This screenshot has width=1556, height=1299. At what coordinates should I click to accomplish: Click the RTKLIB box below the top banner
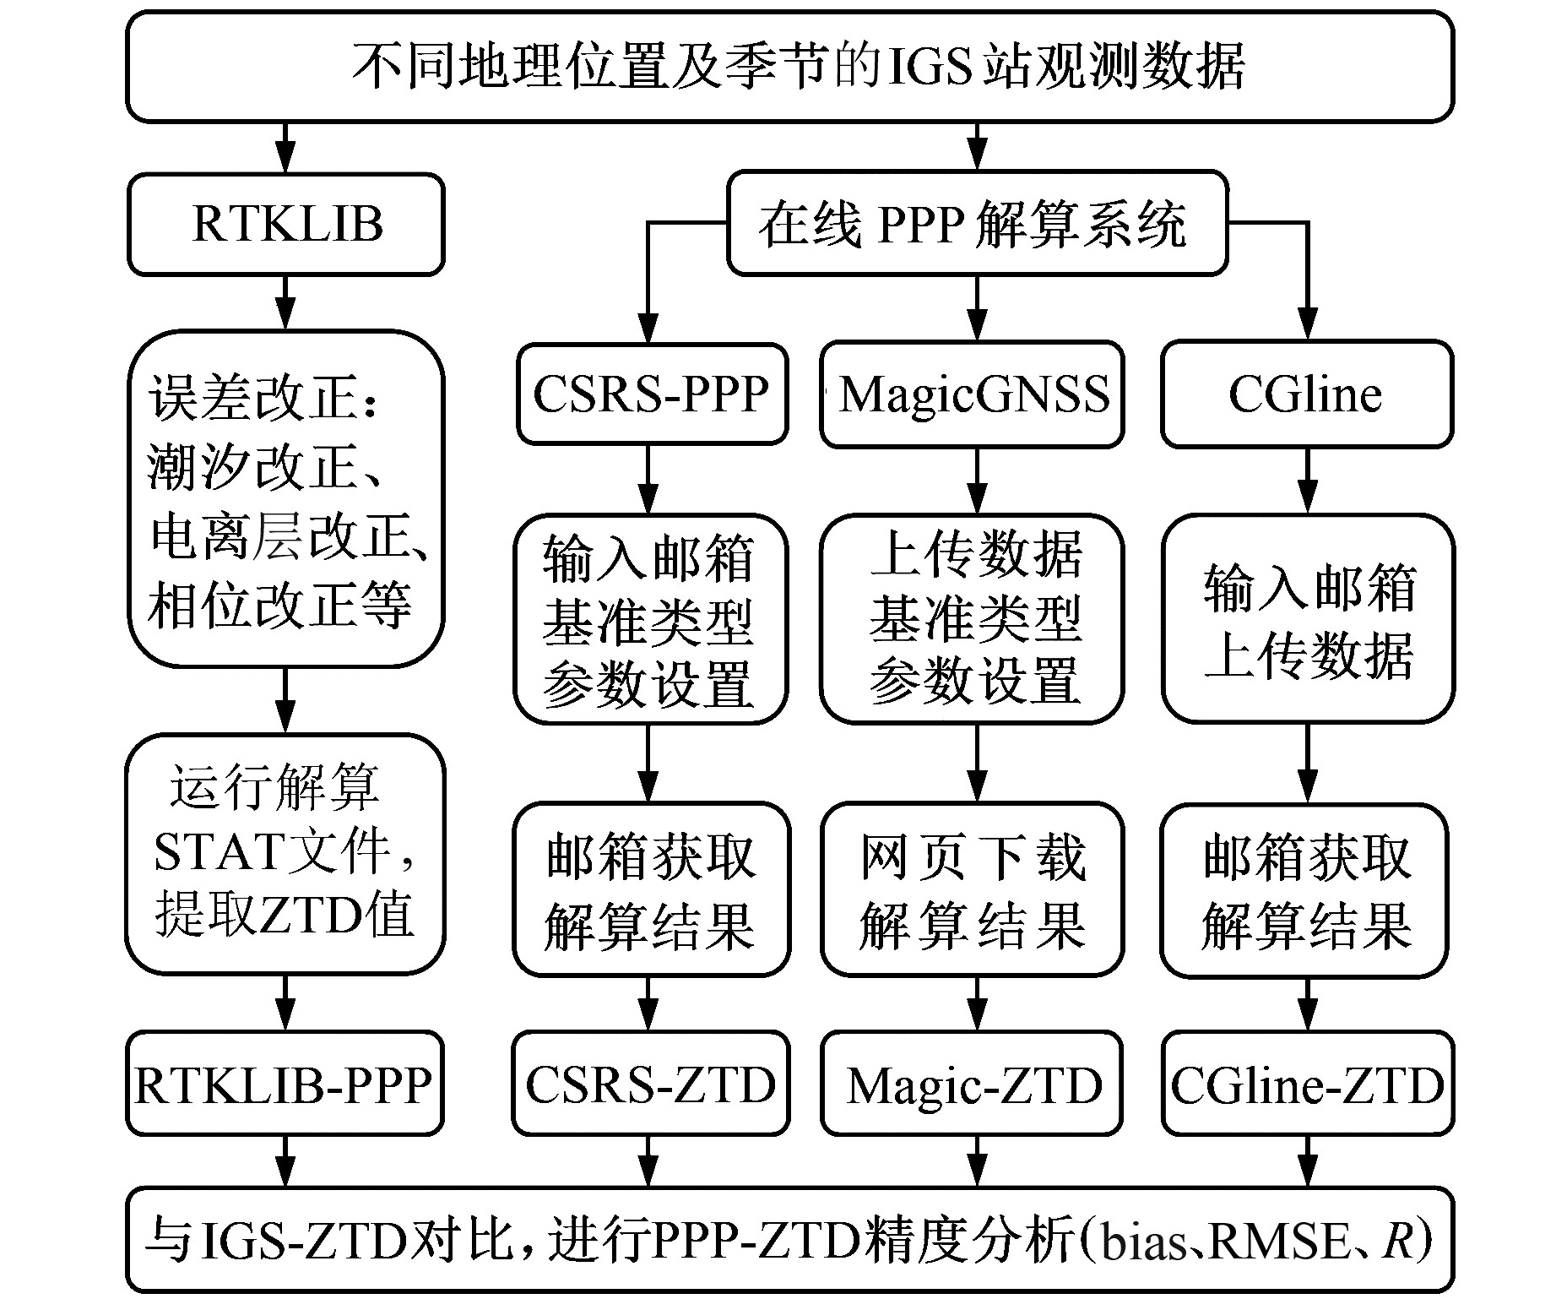pos(286,225)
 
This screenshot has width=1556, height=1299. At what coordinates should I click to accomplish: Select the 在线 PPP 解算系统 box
pos(977,224)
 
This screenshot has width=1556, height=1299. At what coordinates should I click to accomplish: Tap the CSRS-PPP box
pos(651,394)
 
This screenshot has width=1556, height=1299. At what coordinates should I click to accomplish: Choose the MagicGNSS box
pos(973,394)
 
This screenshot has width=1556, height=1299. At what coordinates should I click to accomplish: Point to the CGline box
pos(1306,394)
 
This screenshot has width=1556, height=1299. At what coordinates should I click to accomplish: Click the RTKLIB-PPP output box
pos(285,1084)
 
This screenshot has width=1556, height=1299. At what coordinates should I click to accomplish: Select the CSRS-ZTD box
pos(651,1084)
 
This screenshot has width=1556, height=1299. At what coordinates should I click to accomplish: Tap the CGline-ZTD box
pos(1306,1084)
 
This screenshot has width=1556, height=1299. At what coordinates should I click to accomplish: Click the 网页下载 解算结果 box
pos(973,890)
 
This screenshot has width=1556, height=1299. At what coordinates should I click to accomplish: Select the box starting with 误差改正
pos(286,498)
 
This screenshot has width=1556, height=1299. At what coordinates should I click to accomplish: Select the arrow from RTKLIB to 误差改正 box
pos(286,302)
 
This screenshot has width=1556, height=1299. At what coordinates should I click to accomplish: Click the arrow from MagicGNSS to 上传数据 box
pos(977,480)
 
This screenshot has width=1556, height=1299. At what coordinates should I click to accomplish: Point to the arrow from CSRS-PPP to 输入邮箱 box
pos(648,480)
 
